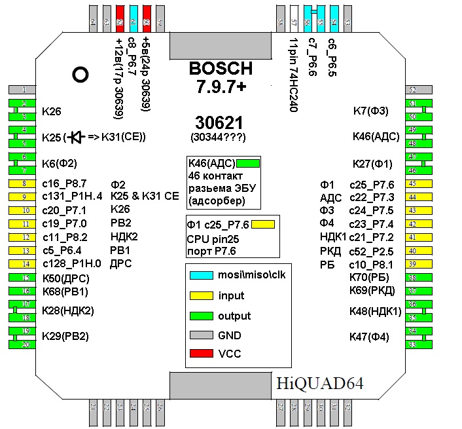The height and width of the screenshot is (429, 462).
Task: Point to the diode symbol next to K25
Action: pyautogui.click(x=76, y=137)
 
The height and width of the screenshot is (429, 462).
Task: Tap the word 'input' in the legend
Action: pyautogui.click(x=231, y=295)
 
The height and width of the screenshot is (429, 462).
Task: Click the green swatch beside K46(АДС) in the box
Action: pyautogui.click(x=249, y=163)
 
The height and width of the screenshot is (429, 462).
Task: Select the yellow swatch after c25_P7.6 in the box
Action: pyautogui.click(x=262, y=225)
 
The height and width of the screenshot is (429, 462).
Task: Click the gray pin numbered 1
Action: pyautogui.click(x=23, y=90)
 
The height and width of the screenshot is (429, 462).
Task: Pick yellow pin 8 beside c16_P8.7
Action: pyautogui.click(x=23, y=183)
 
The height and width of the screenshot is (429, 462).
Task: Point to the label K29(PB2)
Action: pyautogui.click(x=65, y=337)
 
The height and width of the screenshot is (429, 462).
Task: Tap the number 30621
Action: pyautogui.click(x=219, y=122)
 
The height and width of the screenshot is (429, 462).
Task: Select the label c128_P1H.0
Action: pyautogui.click(x=72, y=263)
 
